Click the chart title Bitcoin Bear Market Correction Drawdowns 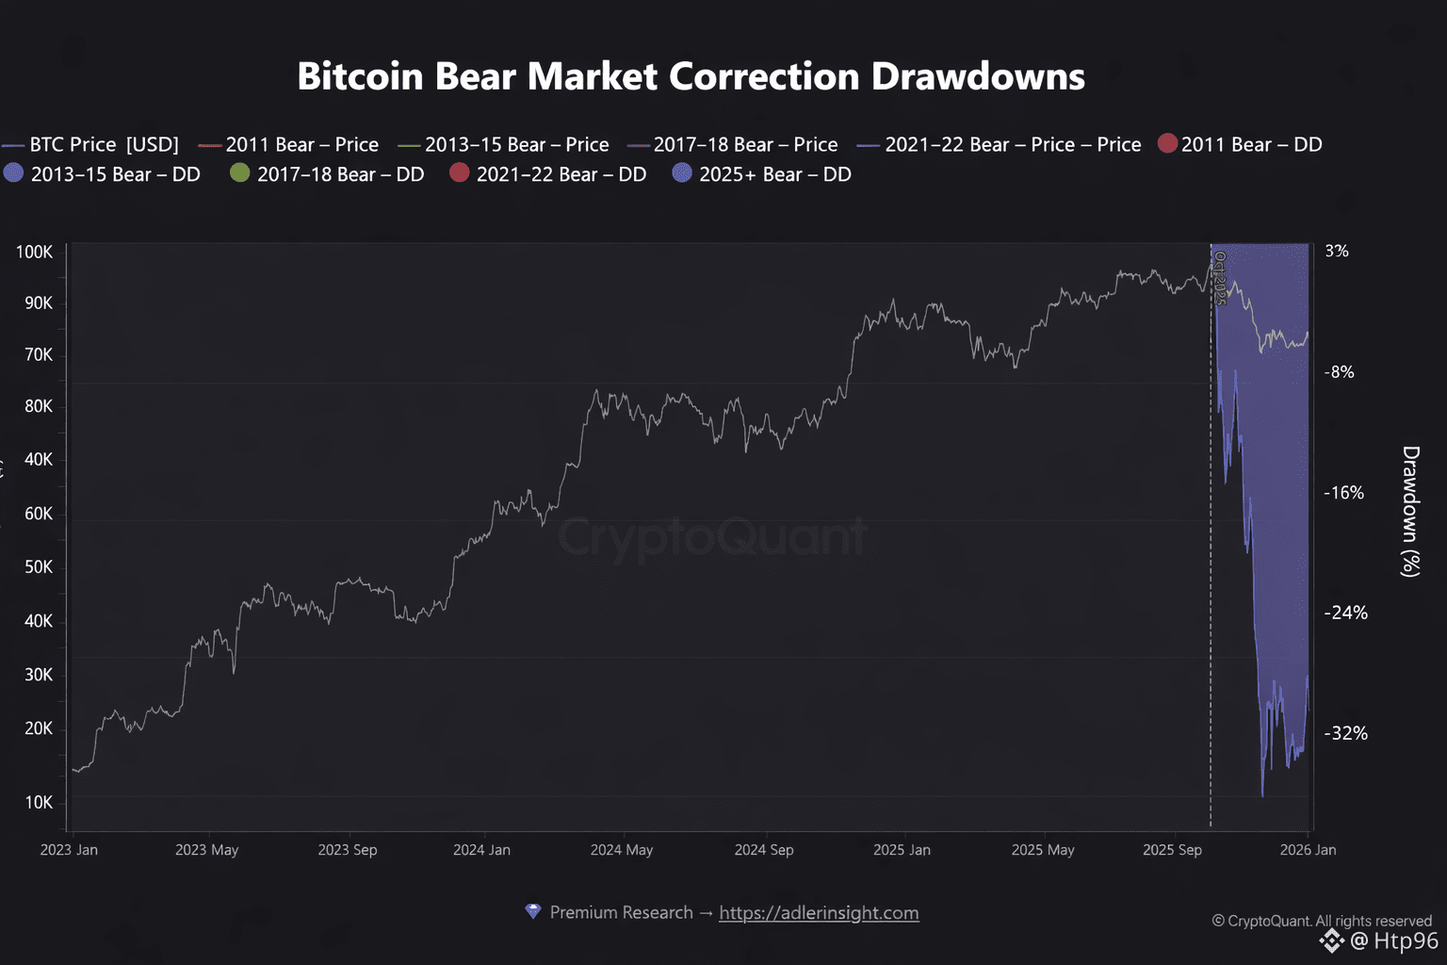point(691,76)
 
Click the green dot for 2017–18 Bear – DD point(240,173)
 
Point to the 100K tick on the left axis point(34,252)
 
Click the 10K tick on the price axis point(39,802)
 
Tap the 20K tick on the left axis point(39,728)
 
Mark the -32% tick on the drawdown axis point(1345,733)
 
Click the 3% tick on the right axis point(1337,251)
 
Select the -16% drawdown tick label point(1343,492)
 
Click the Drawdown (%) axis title point(1410,511)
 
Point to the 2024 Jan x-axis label point(481,850)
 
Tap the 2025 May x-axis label point(1043,850)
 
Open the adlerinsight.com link point(819,912)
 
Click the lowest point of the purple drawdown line point(1262,795)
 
